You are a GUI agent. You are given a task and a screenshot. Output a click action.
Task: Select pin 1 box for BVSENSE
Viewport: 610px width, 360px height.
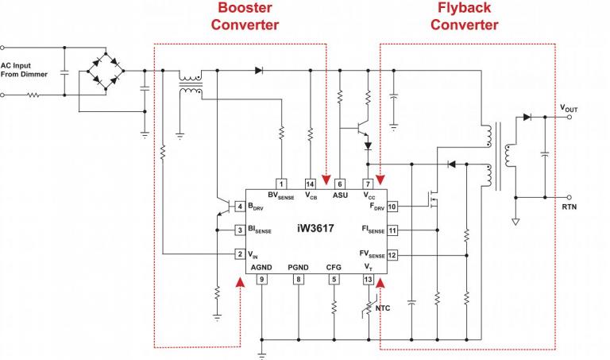(281, 184)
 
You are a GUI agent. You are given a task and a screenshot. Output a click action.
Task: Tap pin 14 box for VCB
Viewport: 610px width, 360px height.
(311, 184)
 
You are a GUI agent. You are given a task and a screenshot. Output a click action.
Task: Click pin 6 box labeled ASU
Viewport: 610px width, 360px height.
(340, 184)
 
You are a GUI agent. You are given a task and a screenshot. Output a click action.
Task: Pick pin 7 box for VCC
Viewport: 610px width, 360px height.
(368, 184)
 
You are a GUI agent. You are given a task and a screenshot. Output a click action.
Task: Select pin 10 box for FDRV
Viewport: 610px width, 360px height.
(392, 207)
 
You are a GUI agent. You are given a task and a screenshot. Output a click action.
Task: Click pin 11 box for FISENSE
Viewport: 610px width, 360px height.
(392, 230)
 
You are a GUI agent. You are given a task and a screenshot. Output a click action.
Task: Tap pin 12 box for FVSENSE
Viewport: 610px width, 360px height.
(392, 255)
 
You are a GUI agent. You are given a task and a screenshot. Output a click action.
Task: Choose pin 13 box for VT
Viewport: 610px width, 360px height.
(368, 279)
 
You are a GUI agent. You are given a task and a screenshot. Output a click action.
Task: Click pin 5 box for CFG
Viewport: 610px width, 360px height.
(334, 279)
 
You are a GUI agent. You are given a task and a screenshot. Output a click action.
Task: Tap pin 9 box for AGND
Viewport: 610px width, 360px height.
(261, 279)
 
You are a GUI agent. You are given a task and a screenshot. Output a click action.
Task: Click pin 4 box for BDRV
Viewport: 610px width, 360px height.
(240, 207)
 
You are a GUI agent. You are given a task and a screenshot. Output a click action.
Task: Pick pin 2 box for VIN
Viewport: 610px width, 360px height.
(240, 255)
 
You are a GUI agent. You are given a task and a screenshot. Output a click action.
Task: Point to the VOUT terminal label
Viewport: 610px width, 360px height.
(569, 106)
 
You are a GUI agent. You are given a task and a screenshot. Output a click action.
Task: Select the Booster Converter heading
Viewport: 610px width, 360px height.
(245, 17)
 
